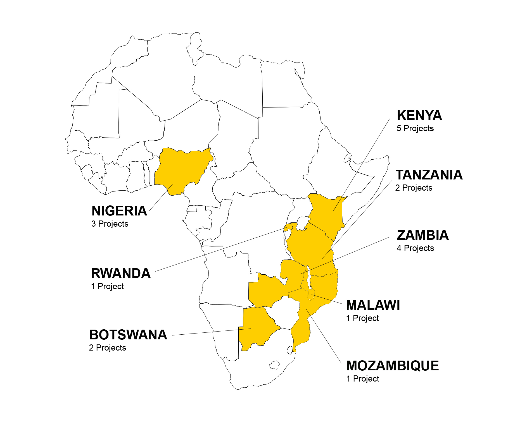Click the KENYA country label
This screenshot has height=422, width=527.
click(x=419, y=115)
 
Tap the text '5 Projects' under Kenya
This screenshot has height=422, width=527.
click(x=415, y=128)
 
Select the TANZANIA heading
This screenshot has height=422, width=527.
click(x=429, y=175)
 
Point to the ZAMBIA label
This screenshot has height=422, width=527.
click(x=422, y=235)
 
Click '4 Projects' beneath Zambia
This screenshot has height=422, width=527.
click(x=415, y=248)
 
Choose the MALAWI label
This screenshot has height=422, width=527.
click(x=373, y=305)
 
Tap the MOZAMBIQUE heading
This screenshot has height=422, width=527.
click(x=392, y=366)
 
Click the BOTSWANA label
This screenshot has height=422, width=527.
click(x=128, y=335)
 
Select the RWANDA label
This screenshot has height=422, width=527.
click(x=121, y=273)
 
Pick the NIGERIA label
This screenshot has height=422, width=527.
click(x=119, y=211)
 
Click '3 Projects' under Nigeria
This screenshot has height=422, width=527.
click(x=110, y=224)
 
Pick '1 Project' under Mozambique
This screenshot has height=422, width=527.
click(x=362, y=379)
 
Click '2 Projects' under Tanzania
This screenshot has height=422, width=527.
click(x=414, y=188)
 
